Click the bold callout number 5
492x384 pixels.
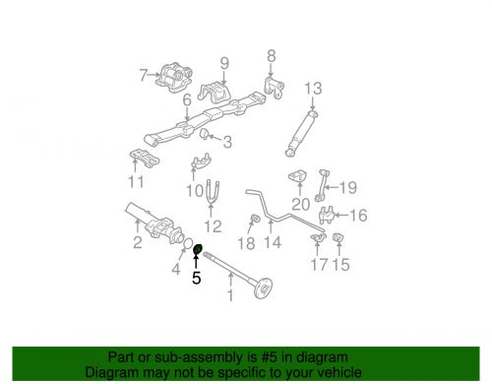tap(196, 278)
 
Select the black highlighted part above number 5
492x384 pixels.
tap(198, 249)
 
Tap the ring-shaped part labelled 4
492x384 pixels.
tap(187, 244)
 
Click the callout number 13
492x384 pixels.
tap(313, 89)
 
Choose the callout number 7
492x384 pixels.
tap(143, 75)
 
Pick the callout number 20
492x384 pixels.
tap(300, 204)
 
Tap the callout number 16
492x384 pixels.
tap(358, 216)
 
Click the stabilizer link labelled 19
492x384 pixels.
tap(321, 185)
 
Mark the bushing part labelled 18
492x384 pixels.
tap(254, 218)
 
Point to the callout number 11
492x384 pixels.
tap(136, 182)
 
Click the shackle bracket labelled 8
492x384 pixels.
tap(274, 88)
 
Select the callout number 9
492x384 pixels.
tap(224, 63)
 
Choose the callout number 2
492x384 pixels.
tap(138, 242)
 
